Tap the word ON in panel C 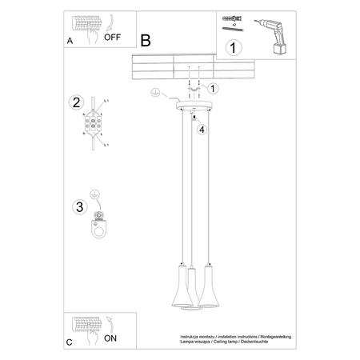click(x=115, y=338)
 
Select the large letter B click(x=145, y=41)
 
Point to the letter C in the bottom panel click(x=70, y=342)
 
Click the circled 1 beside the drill click(x=233, y=48)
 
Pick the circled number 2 click(x=77, y=102)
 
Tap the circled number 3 click(x=78, y=207)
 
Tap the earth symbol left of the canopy click(x=154, y=97)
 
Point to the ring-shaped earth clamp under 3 click(x=99, y=229)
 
